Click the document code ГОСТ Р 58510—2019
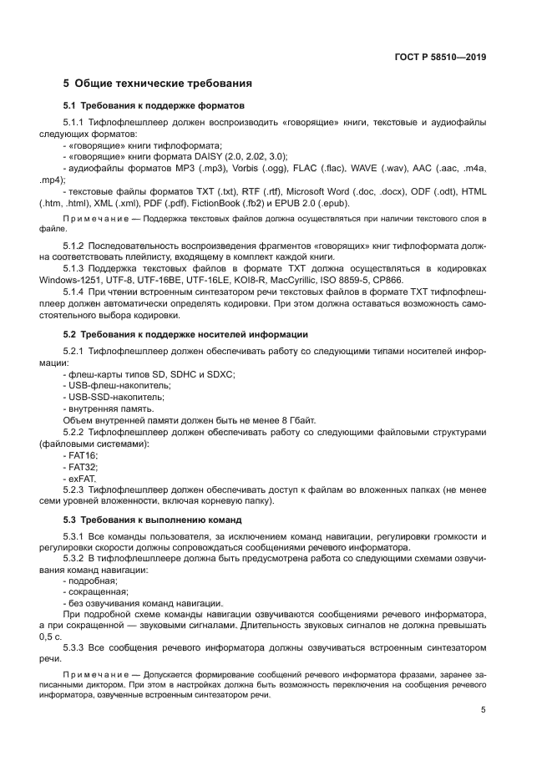pos(439,58)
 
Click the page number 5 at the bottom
pos(483,710)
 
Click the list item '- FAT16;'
pos(79,455)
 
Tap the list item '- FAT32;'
pos(79,467)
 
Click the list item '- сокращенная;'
pos(90,591)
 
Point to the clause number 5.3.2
pos(73,555)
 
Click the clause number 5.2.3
pos(73,490)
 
